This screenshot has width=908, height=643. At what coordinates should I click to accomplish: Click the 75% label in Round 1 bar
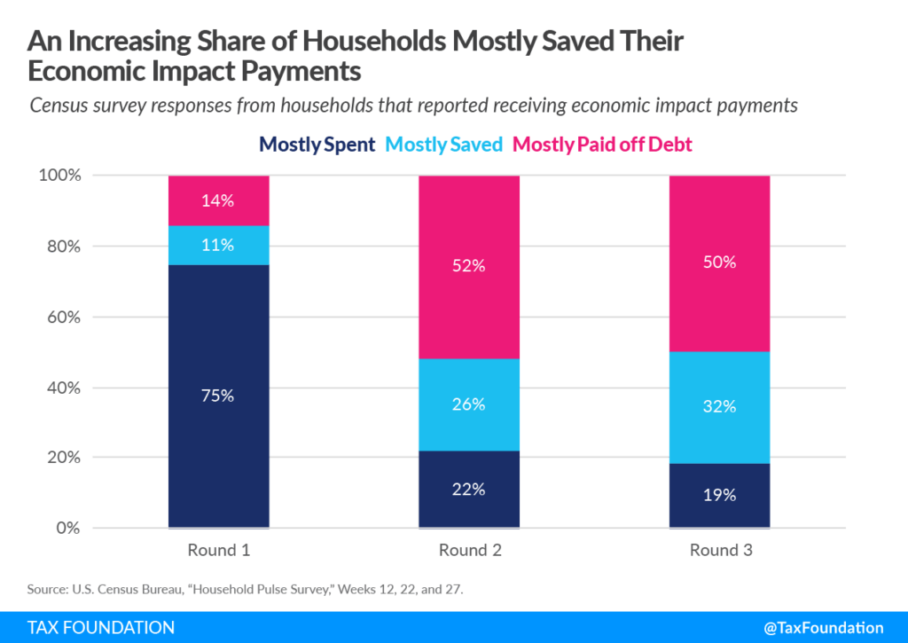218,396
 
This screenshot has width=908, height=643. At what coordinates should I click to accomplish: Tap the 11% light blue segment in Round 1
218,246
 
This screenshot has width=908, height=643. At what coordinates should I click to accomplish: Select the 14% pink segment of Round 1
218,201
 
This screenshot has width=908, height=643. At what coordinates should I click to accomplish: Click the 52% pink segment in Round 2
469,266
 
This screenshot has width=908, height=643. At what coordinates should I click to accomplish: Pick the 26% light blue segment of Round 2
469,404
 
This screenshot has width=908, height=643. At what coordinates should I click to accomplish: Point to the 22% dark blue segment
469,490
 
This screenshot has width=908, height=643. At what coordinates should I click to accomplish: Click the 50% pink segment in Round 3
720,263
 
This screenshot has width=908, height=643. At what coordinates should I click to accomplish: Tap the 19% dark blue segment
720,495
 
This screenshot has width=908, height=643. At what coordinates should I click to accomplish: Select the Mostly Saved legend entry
445,145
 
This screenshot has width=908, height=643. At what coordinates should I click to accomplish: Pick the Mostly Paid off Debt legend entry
602,145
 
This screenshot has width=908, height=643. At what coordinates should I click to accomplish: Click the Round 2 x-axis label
469,550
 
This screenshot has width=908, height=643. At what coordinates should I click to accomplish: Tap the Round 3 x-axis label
720,550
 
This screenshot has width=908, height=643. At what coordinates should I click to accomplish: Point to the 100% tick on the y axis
61,176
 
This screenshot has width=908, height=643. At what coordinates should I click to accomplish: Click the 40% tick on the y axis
64,388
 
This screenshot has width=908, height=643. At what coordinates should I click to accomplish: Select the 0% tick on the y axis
68,529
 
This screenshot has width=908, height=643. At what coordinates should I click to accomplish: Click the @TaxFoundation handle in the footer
809,627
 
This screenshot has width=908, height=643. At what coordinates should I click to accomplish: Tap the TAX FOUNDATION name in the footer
101,627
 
